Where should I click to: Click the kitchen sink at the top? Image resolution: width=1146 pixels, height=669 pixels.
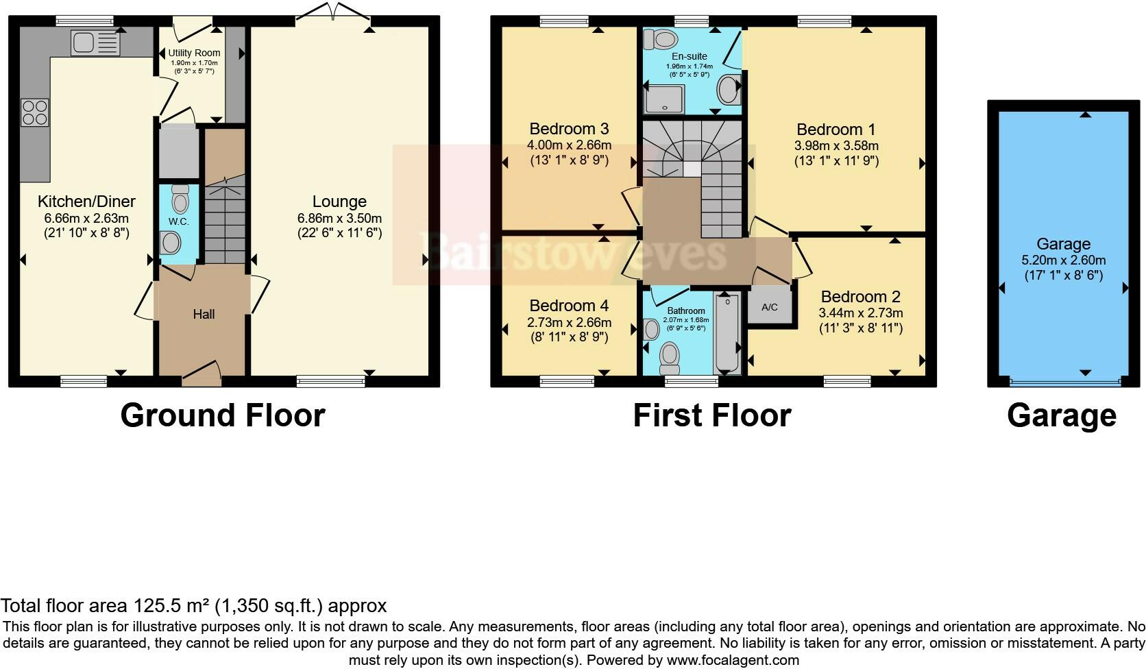(95, 44)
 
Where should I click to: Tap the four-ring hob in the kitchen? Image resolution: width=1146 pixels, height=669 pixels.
(35, 113)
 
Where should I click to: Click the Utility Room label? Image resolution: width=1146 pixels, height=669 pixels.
(194, 53)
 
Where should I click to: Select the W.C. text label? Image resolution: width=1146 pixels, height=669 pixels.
(179, 221)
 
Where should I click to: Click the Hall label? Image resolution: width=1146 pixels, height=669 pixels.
(204, 314)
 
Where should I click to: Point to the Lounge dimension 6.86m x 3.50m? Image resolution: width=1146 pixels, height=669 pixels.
(339, 218)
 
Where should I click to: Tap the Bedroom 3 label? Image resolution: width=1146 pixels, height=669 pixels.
(569, 129)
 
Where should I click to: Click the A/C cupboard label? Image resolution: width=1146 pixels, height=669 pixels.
(770, 307)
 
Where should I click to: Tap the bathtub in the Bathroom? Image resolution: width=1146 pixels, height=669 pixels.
(727, 333)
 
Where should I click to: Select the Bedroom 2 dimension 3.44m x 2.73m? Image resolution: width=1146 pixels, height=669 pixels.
(861, 313)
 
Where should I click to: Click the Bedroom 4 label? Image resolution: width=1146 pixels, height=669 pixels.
(569, 306)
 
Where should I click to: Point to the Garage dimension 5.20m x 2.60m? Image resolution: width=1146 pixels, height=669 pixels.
(1063, 260)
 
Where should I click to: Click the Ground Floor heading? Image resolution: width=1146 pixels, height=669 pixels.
(222, 415)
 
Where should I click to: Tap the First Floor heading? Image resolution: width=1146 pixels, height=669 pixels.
(711, 415)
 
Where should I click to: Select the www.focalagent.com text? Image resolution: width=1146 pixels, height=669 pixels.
(732, 661)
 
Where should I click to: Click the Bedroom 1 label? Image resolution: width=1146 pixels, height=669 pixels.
(836, 129)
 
